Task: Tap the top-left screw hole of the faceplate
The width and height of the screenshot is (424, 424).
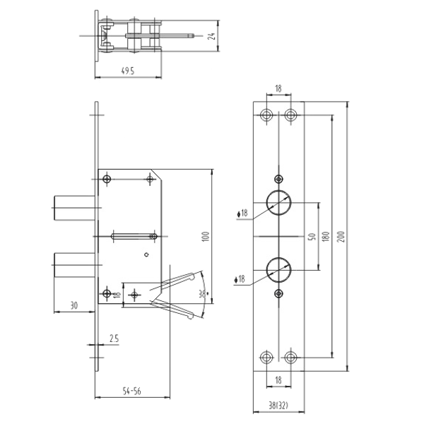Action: [x=267, y=114]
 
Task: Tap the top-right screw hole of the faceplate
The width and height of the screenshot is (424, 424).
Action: [x=290, y=114]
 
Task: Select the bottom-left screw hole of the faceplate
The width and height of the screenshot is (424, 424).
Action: [x=267, y=357]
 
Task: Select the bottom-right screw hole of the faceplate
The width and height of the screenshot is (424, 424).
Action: [x=290, y=357]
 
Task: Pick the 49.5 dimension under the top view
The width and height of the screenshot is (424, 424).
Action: [x=128, y=71]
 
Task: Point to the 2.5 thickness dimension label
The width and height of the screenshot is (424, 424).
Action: [x=113, y=339]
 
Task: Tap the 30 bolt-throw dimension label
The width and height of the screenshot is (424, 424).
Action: [x=73, y=305]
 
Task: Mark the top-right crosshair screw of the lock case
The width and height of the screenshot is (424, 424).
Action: [x=150, y=179]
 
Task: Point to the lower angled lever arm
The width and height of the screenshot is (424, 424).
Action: [x=177, y=308]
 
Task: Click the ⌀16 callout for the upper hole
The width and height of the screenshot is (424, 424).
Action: [x=242, y=213]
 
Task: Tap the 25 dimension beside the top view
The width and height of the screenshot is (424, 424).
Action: [x=211, y=35]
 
